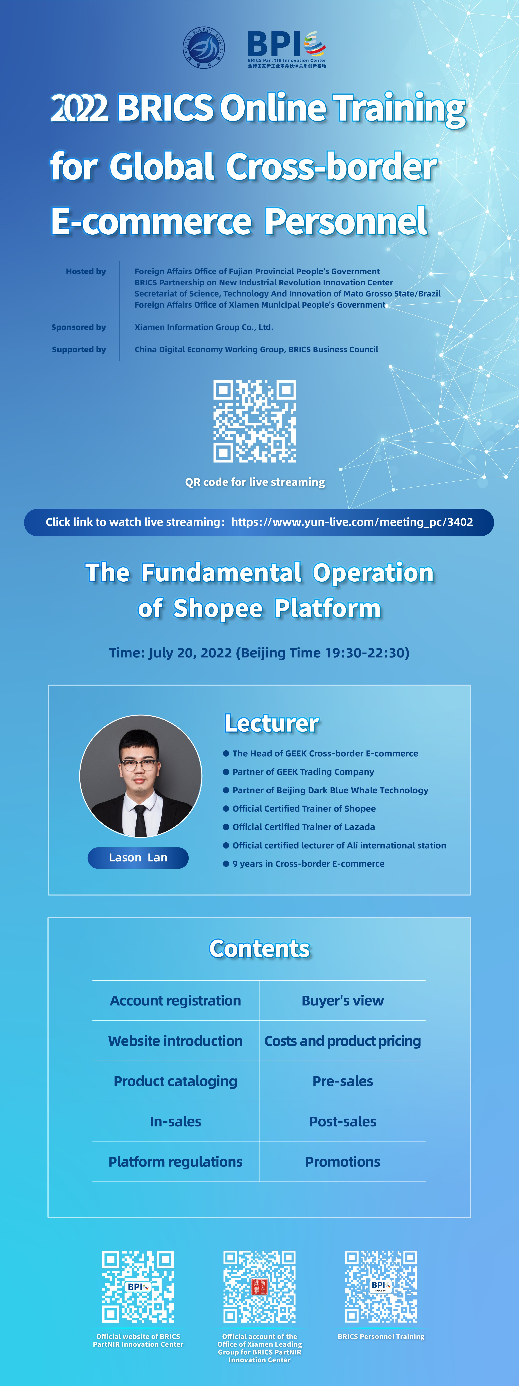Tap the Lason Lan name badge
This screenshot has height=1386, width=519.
click(138, 858)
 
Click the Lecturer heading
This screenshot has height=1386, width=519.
click(272, 723)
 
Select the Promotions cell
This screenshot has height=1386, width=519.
click(343, 1162)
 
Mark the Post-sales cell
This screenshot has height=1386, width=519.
click(343, 1121)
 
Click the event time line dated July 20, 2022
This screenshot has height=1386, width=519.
click(259, 653)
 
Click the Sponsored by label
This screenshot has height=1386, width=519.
click(78, 327)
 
